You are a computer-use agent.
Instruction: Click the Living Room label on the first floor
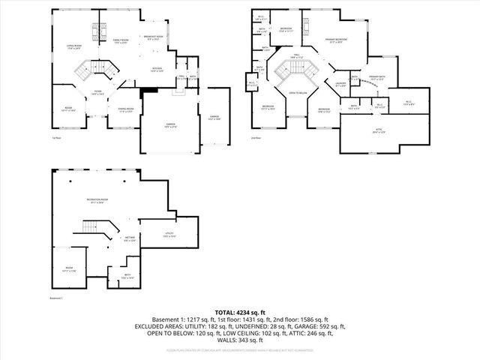73,46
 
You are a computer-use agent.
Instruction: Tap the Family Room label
121,40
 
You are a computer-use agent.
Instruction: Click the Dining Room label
125,111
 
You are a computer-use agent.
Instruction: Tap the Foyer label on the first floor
97,93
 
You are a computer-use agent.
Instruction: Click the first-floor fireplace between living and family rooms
95,31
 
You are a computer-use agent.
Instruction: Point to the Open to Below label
297,94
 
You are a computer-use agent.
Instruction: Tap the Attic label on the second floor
378,131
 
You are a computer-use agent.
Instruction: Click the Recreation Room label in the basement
97,199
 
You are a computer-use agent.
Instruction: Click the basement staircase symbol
90,227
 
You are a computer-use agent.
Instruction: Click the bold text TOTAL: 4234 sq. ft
240,312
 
